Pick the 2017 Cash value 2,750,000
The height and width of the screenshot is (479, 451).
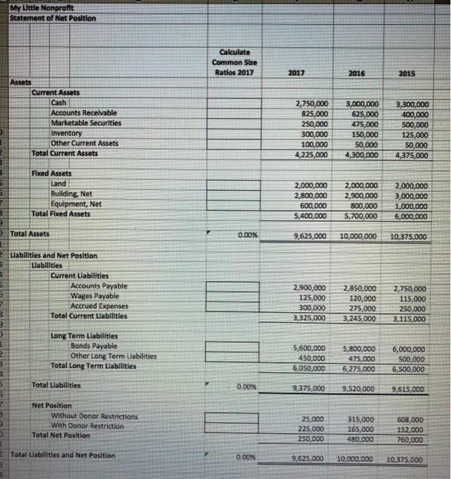click(310, 103)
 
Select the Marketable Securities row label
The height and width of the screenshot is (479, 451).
click(86, 122)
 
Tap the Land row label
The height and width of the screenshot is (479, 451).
click(62, 184)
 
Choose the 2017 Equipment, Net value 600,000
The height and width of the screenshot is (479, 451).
click(314, 205)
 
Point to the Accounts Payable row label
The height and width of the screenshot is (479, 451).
click(99, 285)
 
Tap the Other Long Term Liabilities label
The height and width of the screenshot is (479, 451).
click(114, 356)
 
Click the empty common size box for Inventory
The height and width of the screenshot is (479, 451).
click(235, 134)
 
